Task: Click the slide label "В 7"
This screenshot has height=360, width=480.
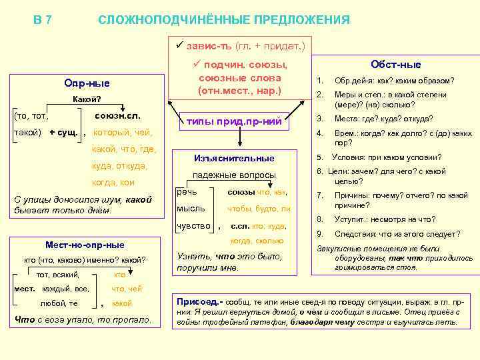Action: pos(43,20)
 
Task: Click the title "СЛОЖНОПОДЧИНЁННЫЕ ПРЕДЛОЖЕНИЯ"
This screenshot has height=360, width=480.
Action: pos(224,20)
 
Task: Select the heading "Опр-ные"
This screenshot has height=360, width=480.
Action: pos(87,83)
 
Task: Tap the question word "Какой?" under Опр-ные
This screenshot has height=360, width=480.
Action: pos(87,100)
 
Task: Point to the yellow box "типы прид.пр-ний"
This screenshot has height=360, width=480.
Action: pos(233,121)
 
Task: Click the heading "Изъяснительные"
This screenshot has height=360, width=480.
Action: pos(234,158)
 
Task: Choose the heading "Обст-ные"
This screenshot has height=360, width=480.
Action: pos(396,65)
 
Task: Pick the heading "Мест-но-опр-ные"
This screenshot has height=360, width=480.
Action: pos(85,245)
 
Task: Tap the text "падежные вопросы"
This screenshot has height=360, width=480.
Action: pos(234,175)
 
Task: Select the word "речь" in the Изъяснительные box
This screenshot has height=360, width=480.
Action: pos(186,191)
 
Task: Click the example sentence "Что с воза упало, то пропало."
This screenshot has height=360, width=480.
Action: pos(83,320)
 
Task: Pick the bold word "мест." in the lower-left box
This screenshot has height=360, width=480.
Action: pos(25,288)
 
